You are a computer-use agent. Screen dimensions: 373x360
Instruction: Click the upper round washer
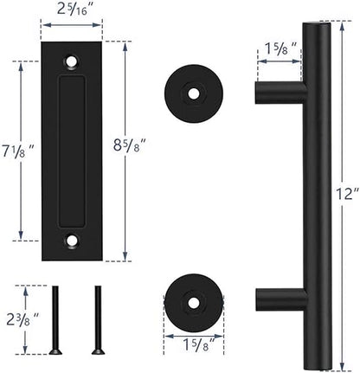click(x=193, y=89)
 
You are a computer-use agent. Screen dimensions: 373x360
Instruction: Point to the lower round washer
click(x=193, y=299)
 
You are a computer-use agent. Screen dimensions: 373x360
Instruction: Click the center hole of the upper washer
click(x=193, y=89)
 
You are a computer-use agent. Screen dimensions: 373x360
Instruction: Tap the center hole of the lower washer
click(x=193, y=299)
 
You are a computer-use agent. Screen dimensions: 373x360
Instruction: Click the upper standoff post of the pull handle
click(x=278, y=89)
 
